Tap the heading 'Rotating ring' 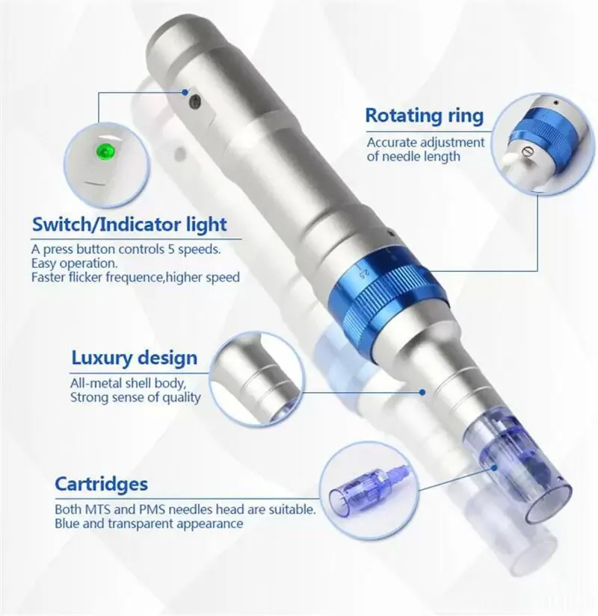tap(424, 116)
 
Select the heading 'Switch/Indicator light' tap(129, 224)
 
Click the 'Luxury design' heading tap(134, 358)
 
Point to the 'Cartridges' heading tap(101, 484)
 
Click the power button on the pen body tap(195, 102)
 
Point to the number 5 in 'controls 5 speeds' tap(171, 249)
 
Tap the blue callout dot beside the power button tap(185, 92)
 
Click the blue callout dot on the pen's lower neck tap(422, 392)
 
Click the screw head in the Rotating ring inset tap(527, 152)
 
